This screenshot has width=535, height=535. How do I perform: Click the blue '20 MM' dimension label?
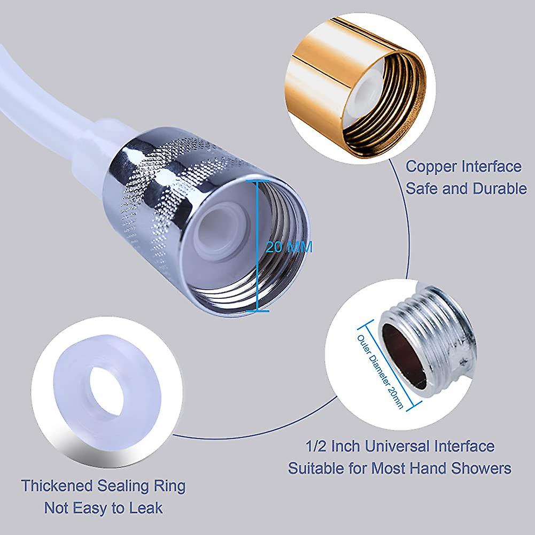click(x=289, y=247)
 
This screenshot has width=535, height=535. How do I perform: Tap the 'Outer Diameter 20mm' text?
click(x=380, y=371)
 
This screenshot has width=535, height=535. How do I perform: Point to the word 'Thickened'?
click(x=57, y=486)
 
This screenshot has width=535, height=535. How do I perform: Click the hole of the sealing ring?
click(x=106, y=391)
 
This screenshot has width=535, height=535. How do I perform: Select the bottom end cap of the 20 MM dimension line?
click(x=257, y=311)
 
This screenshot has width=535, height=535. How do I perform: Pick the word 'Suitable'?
click(x=316, y=468)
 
